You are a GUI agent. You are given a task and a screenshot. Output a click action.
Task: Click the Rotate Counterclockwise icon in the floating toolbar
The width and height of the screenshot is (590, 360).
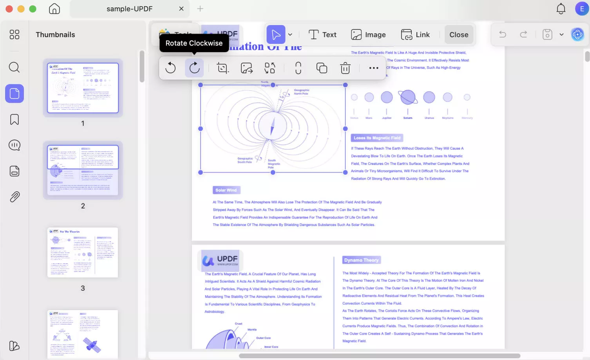170,68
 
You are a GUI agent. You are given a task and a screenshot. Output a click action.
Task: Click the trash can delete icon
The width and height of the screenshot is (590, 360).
345,68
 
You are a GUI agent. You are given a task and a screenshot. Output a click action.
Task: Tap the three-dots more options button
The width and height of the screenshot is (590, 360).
374,68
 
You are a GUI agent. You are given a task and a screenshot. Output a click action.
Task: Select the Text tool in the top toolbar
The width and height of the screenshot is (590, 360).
322,34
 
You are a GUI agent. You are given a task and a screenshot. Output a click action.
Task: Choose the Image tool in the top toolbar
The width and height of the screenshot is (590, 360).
368,34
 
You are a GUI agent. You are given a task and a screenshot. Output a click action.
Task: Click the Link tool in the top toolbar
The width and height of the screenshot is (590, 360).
415,34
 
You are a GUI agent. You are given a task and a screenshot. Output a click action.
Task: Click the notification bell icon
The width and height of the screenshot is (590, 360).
561,9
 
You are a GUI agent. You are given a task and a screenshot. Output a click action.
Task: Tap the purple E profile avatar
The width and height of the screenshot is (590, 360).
582,9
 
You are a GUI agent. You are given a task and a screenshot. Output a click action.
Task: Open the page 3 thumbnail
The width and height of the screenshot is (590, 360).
83,253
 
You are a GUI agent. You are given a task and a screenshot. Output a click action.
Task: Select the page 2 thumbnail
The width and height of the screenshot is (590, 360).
83,170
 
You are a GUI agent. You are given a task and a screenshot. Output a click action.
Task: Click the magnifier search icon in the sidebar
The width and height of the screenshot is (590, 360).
14,67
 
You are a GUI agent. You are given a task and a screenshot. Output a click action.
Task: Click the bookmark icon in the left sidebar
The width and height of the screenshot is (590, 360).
14,119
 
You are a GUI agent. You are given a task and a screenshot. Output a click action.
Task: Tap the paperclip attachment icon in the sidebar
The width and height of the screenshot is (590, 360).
14,197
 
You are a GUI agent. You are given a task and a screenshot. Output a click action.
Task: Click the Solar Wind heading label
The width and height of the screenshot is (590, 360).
226,190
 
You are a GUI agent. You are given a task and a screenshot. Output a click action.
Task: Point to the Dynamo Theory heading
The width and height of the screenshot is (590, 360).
361,260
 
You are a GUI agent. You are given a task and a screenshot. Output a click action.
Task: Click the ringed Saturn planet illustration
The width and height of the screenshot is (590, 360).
408,97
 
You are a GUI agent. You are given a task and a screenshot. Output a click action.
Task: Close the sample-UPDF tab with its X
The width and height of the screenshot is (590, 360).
181,9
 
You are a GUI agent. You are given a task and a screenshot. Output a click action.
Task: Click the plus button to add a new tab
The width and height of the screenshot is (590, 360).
200,9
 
